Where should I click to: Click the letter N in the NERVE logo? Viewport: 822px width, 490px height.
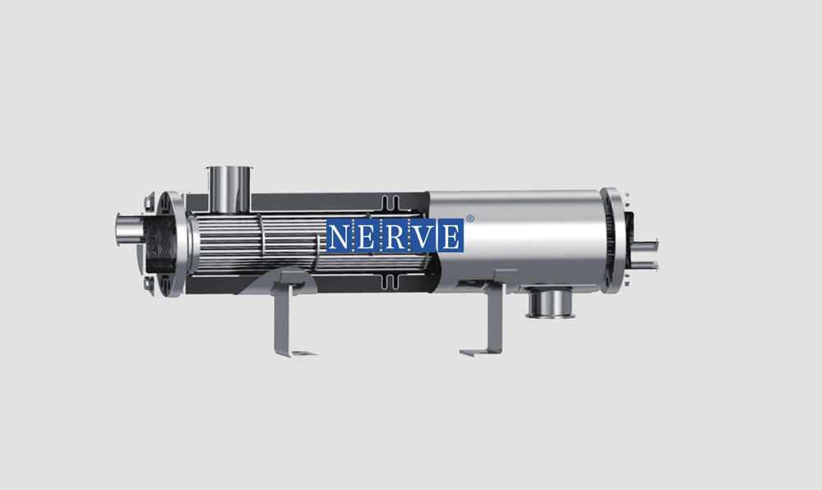[339, 236]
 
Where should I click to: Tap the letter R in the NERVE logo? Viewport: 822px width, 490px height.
[395, 236]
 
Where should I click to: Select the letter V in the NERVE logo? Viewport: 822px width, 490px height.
[423, 236]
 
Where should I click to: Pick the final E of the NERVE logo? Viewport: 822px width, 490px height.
[450, 236]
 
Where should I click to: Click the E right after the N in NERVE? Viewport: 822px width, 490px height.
[367, 236]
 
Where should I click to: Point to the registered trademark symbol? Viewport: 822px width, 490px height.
[470, 219]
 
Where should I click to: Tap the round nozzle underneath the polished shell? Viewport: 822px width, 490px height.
[550, 303]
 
